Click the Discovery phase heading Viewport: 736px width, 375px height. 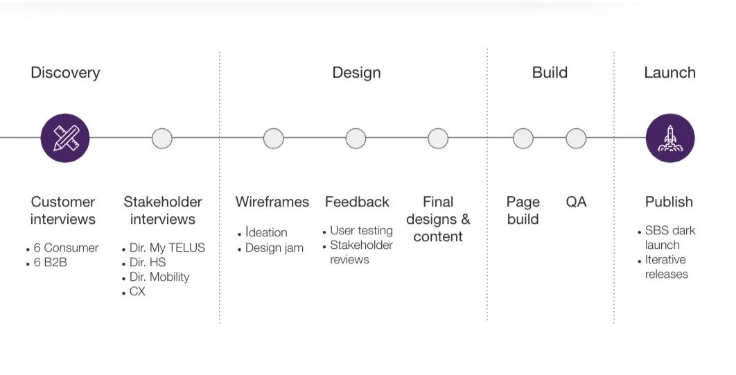(x=65, y=72)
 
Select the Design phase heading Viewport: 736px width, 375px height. (x=356, y=72)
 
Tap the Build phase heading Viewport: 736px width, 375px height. (x=550, y=72)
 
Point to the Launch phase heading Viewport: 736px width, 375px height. (x=669, y=72)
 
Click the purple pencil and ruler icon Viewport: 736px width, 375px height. (x=65, y=138)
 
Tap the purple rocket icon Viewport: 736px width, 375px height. (x=669, y=138)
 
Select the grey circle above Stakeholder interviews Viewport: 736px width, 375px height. (x=162, y=138)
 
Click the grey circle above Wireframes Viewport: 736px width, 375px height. (x=273, y=138)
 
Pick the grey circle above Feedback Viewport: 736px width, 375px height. (x=356, y=138)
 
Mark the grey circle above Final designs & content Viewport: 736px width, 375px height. (x=438, y=138)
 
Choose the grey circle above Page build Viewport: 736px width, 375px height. (x=523, y=138)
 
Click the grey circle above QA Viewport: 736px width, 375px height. (x=576, y=138)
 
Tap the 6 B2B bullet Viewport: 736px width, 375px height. (x=50, y=263)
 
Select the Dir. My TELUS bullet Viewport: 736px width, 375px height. (x=167, y=247)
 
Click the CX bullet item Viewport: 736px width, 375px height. (x=137, y=292)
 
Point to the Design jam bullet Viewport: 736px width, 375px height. (x=274, y=247)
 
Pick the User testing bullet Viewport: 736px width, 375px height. (x=360, y=230)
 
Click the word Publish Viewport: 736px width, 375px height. (x=669, y=202)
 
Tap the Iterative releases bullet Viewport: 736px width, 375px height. (x=666, y=267)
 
